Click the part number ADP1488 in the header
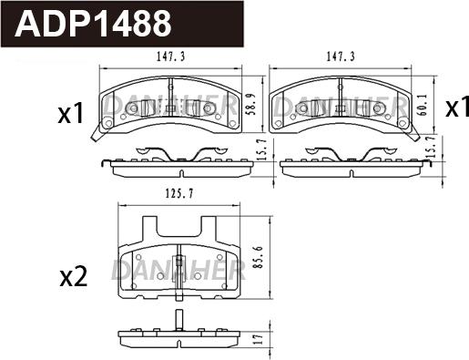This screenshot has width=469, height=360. pos(93,23)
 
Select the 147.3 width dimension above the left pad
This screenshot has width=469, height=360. pos(170,57)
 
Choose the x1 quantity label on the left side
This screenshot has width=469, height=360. pos(71,114)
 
